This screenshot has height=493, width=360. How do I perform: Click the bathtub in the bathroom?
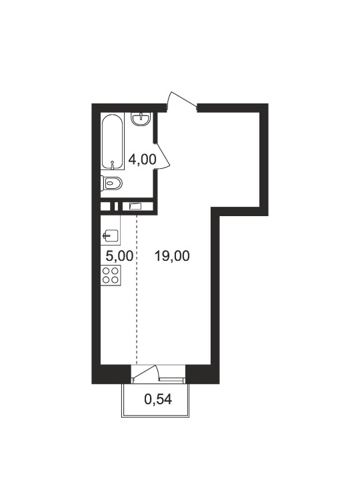113,141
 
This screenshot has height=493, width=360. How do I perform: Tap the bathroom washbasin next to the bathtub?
141,119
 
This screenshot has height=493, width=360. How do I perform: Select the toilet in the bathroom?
111,183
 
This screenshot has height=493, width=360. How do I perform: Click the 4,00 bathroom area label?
142,159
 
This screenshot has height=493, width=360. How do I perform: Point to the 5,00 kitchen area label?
119,256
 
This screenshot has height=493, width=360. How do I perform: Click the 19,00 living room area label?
172,256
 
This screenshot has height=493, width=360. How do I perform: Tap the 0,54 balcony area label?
158,400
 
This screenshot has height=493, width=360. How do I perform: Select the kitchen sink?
110,235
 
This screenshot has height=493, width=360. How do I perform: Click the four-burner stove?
111,276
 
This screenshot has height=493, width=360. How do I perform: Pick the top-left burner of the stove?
107,271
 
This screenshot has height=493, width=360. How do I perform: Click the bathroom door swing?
163,155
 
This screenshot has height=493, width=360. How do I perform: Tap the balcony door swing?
145,373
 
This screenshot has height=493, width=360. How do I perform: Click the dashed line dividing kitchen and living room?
137,290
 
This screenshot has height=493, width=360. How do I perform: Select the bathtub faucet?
113,164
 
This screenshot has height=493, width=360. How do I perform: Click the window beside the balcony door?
172,380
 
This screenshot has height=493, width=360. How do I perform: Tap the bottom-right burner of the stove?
115,280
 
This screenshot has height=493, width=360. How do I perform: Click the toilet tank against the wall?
103,183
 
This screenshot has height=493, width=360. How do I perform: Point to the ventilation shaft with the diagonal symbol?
137,206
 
